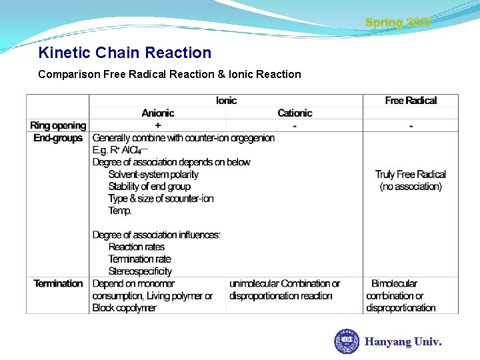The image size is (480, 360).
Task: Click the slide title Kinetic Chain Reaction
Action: (x=125, y=53)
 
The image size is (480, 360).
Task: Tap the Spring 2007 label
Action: (x=399, y=23)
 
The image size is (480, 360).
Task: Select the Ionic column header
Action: (x=227, y=101)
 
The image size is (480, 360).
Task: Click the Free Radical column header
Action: (x=411, y=101)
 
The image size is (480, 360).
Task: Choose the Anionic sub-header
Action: (x=158, y=113)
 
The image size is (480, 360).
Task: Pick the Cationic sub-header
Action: (x=295, y=113)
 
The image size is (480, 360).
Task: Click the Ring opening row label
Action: (x=58, y=125)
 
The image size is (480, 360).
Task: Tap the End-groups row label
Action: (x=58, y=138)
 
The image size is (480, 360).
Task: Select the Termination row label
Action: (x=58, y=283)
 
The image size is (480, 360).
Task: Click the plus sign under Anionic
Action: (x=158, y=125)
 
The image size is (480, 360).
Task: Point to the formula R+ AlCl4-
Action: (x=121, y=150)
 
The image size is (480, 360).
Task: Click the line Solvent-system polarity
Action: (x=153, y=174)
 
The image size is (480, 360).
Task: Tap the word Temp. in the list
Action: (x=120, y=211)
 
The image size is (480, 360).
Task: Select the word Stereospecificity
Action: (x=140, y=271)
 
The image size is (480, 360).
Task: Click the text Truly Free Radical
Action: (x=411, y=174)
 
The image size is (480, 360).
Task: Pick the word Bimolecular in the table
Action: (x=394, y=283)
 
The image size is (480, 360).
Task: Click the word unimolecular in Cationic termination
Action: (x=254, y=283)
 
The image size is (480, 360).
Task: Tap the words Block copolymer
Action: (x=124, y=308)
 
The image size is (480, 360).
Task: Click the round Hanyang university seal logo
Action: (x=347, y=341)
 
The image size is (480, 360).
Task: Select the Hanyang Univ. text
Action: (x=403, y=342)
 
